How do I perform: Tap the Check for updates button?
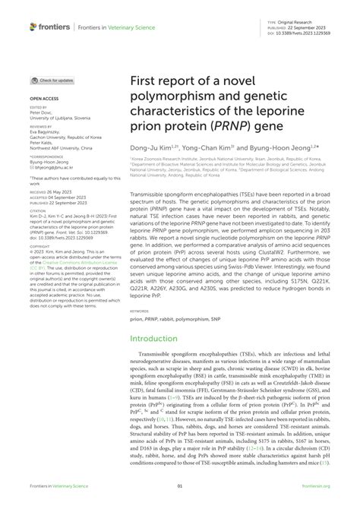coord(52,80)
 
